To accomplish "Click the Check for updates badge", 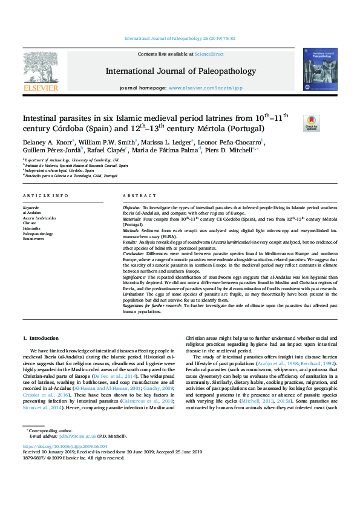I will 311,123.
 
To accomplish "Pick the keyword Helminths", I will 31,229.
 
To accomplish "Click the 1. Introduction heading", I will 41,338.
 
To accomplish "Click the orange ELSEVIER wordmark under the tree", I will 41,88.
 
